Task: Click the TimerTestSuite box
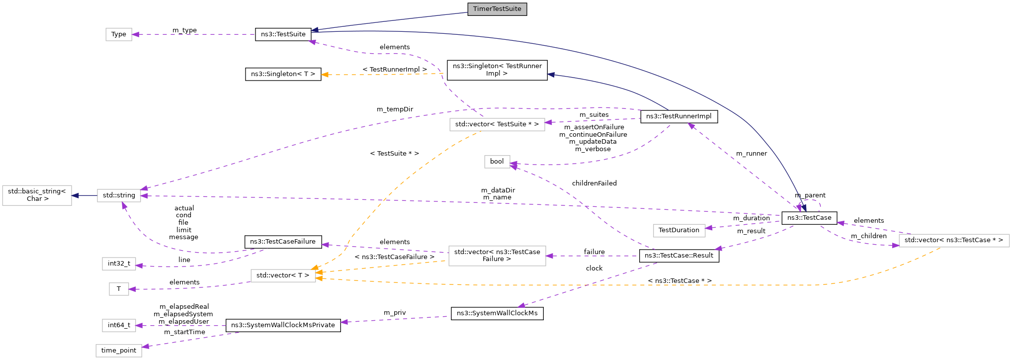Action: [x=497, y=9]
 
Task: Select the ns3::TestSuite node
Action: [x=283, y=34]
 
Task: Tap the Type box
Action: [x=119, y=34]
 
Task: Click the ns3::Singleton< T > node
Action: [x=283, y=74]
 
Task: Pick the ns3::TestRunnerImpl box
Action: [x=678, y=116]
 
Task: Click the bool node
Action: [x=497, y=162]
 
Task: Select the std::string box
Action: [x=119, y=195]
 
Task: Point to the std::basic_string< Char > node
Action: [x=37, y=195]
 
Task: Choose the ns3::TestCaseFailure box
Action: [x=283, y=242]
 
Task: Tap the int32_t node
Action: [x=119, y=264]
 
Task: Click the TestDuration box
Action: [x=678, y=230]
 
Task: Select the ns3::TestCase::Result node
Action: [x=678, y=256]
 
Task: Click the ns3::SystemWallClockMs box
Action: [x=497, y=313]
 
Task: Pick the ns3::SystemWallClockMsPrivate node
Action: [x=283, y=325]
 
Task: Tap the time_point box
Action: [x=119, y=351]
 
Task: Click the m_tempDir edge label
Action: [x=395, y=109]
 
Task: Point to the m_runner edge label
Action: [x=751, y=154]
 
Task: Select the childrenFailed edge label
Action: [x=594, y=183]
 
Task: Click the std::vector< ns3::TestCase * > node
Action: [x=953, y=240]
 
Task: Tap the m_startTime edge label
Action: [x=184, y=332]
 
